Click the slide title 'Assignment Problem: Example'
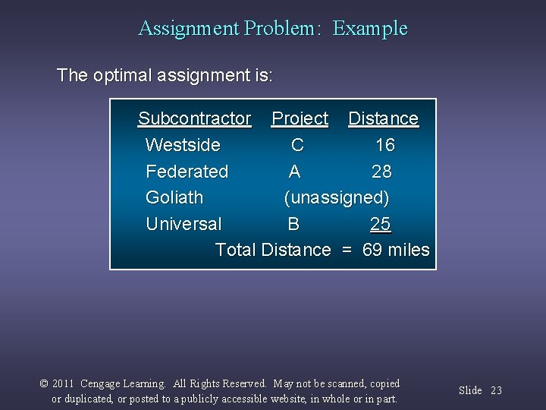pyautogui.click(x=273, y=29)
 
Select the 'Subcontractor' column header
pyautogui.click(x=194, y=118)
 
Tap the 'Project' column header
pyautogui.click(x=300, y=118)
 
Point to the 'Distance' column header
pyautogui.click(x=383, y=118)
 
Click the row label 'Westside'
pyautogui.click(x=183, y=145)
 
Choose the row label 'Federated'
pyautogui.click(x=187, y=172)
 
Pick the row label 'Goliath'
pyautogui.click(x=174, y=197)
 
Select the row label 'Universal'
pyautogui.click(x=184, y=224)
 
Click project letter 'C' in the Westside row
pyautogui.click(x=297, y=145)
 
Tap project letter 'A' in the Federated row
pyautogui.click(x=294, y=172)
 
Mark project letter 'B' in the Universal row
pyautogui.click(x=293, y=224)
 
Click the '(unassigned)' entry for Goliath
pyautogui.click(x=337, y=198)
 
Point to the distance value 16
pyautogui.click(x=384, y=145)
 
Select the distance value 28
pyautogui.click(x=381, y=172)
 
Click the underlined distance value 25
pyautogui.click(x=381, y=224)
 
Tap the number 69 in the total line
pyautogui.click(x=372, y=250)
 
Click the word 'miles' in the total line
pyautogui.click(x=409, y=250)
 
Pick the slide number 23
pyautogui.click(x=496, y=390)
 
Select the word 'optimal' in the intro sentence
pyautogui.click(x=121, y=76)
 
